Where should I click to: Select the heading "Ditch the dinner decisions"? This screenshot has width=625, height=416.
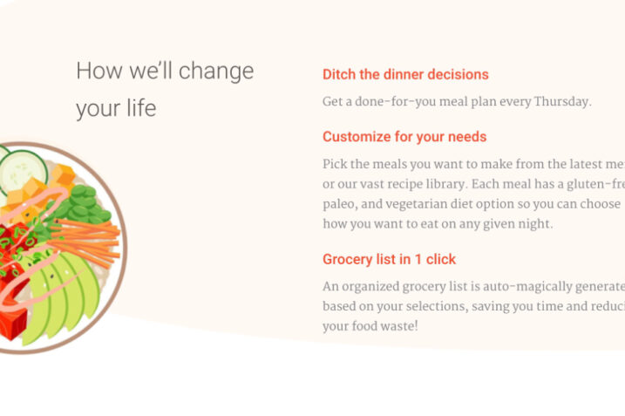coord(405,75)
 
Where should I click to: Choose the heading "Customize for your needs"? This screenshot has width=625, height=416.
coord(404,137)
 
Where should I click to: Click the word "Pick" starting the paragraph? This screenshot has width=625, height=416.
coord(336,164)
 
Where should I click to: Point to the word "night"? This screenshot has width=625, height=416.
coord(533,224)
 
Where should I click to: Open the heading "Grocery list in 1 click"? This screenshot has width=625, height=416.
coord(389,259)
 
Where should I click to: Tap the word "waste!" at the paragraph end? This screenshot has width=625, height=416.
coord(397,326)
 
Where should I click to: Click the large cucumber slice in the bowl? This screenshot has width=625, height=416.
coord(24,167)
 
